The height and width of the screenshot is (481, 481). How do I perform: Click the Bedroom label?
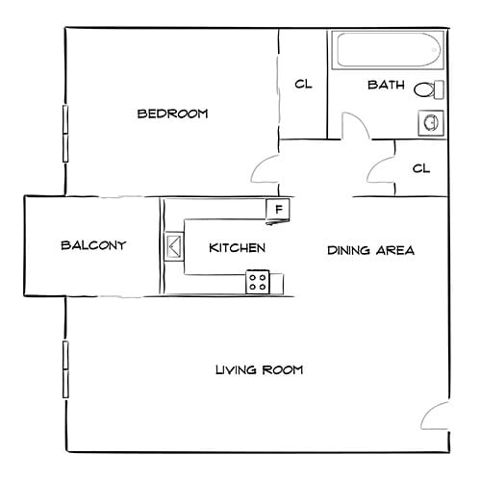pos(173,114)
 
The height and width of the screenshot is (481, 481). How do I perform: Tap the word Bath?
pos(385,85)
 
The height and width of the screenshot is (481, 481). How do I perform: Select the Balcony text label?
pos(93,245)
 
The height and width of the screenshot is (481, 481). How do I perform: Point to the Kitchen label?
pos(237,248)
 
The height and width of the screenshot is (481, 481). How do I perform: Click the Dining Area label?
pos(370,251)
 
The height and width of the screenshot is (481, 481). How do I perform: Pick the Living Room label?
pos(260,369)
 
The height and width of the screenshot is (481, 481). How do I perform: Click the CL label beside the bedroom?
pos(303,85)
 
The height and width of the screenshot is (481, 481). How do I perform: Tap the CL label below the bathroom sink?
pos(420,168)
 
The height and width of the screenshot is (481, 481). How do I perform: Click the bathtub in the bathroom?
pos(385,51)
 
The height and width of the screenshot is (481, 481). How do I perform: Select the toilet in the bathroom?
pos(429,90)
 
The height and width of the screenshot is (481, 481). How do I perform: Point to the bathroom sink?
pos(430,123)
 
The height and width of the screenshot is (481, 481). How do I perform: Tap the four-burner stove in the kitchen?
pos(258,281)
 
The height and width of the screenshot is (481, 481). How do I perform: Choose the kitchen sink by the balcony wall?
pos(174,246)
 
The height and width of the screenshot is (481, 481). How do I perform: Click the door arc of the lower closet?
pos(382,165)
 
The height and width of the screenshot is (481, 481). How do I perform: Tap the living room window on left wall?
pos(65,367)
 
